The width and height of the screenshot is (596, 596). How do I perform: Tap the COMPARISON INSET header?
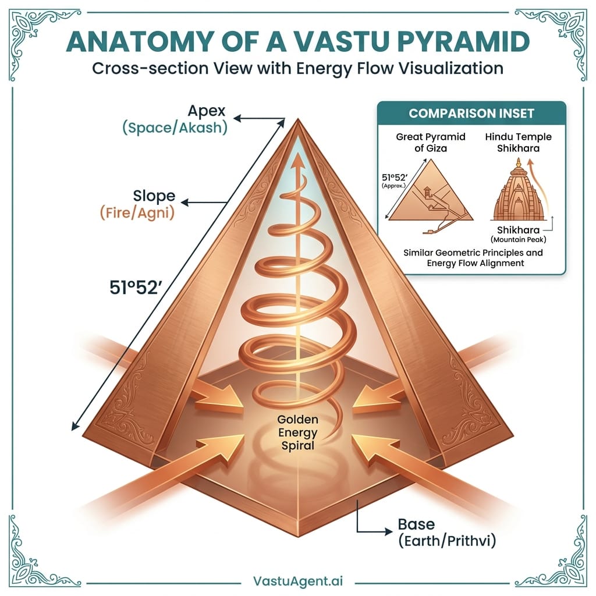coord(471,113)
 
